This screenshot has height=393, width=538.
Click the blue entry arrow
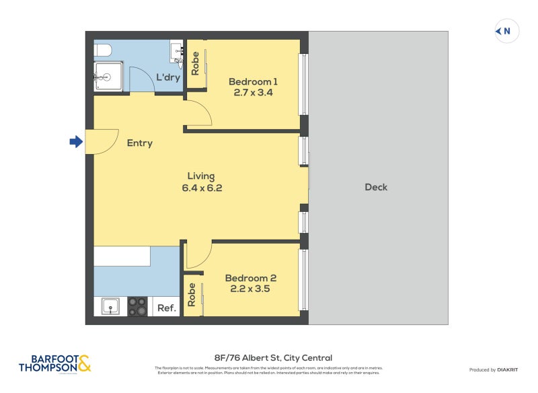tap(76, 141)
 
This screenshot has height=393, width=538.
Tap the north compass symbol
tap(506, 31)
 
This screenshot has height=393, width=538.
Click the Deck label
tap(376, 187)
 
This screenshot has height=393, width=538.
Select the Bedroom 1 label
tap(253, 81)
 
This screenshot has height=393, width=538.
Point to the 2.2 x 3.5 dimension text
tap(250, 289)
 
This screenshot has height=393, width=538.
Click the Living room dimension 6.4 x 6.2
tap(202, 188)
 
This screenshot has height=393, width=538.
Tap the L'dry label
tap(167, 77)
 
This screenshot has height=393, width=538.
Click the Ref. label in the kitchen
tap(166, 308)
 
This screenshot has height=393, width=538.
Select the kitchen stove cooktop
tap(138, 307)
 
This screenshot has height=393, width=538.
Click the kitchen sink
tap(110, 307)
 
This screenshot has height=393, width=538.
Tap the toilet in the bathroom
tap(102, 50)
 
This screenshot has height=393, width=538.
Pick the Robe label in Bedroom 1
tap(195, 64)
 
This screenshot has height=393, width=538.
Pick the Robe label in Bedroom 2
tap(192, 295)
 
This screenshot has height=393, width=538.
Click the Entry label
tap(140, 143)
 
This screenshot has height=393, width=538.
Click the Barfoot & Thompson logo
tap(54, 364)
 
